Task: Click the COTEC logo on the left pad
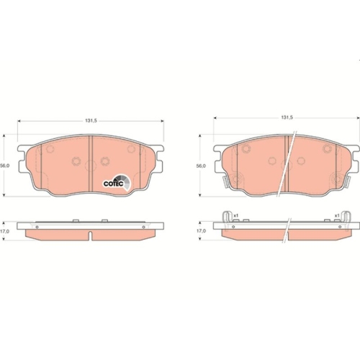117,183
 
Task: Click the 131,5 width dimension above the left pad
91,121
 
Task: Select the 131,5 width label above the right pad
287,117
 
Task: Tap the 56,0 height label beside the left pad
5,166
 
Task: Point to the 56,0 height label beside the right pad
201,166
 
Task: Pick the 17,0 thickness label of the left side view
5,231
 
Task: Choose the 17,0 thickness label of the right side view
201,231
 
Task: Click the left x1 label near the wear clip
236,215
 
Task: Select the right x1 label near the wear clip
337,215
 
